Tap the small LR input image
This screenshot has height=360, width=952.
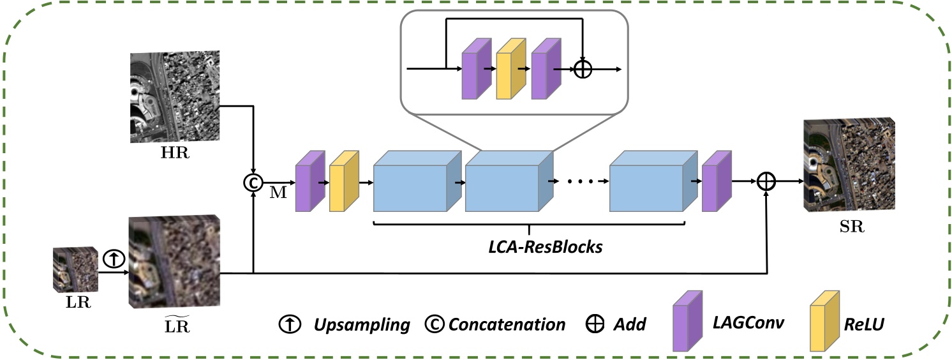click(75, 269)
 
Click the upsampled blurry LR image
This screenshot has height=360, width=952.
click(174, 263)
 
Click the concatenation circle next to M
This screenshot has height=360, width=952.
click(253, 183)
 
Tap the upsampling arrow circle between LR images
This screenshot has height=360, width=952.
click(113, 259)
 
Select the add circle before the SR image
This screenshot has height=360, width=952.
click(766, 182)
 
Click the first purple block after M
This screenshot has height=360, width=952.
click(310, 182)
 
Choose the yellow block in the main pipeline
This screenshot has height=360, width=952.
click(344, 182)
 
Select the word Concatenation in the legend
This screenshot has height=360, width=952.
click(507, 324)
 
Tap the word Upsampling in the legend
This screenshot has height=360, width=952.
click(361, 324)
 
